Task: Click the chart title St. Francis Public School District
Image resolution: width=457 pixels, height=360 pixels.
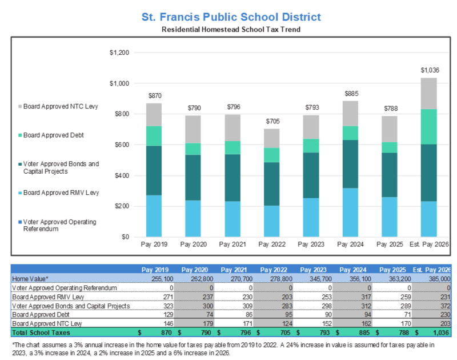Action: pyautogui.click(x=231, y=17)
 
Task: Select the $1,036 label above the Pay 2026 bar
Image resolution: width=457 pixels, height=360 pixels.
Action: pyautogui.click(x=430, y=70)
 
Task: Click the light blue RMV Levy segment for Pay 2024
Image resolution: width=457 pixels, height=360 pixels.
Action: pyautogui.click(x=351, y=212)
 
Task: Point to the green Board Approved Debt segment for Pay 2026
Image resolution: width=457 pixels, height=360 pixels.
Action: pyautogui.click(x=430, y=126)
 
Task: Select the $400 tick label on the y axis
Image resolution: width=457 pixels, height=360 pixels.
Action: pyautogui.click(x=122, y=175)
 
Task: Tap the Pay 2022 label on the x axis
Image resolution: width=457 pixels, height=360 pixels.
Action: pyautogui.click(x=272, y=245)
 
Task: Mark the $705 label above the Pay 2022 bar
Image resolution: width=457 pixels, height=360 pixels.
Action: pyautogui.click(x=272, y=121)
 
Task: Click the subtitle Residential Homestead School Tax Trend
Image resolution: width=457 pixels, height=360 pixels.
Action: pyautogui.click(x=231, y=29)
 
